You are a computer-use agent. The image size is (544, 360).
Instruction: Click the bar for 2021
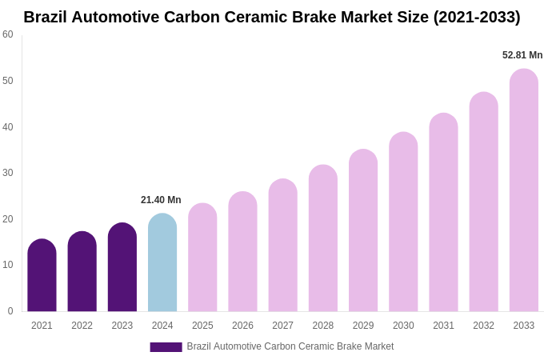(42, 276)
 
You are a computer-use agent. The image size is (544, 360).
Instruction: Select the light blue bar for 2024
(162, 263)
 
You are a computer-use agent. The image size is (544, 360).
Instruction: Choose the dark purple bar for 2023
(122, 268)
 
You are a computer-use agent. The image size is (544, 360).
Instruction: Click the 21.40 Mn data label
(161, 200)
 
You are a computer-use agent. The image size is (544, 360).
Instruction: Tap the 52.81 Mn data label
(522, 55)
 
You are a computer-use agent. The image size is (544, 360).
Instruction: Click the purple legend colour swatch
(166, 347)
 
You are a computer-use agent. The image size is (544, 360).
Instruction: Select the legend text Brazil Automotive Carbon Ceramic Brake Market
(290, 346)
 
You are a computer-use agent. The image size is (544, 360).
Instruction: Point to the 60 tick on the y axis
(8, 34)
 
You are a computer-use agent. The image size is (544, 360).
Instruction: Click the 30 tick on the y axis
(8, 173)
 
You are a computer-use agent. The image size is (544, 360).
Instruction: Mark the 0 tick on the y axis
(10, 311)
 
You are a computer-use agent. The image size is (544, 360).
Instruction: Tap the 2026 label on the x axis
(242, 326)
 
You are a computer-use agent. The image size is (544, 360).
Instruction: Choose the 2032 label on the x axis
(483, 326)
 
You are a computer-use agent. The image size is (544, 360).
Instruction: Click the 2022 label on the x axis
(82, 326)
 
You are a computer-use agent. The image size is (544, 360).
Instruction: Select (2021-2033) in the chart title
(477, 17)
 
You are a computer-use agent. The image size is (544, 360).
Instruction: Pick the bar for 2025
(202, 258)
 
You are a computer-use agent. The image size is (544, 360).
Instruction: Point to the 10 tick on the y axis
(8, 265)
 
